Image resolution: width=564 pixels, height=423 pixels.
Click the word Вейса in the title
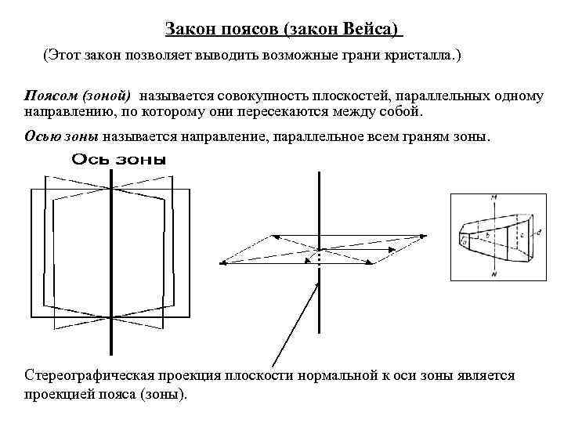click(371, 30)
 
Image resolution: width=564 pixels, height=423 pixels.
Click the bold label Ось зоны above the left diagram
click(119, 160)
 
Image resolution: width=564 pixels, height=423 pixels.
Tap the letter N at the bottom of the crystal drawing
click(494, 273)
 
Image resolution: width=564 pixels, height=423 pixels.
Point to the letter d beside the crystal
click(539, 232)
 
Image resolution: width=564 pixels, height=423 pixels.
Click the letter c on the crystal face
click(522, 234)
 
